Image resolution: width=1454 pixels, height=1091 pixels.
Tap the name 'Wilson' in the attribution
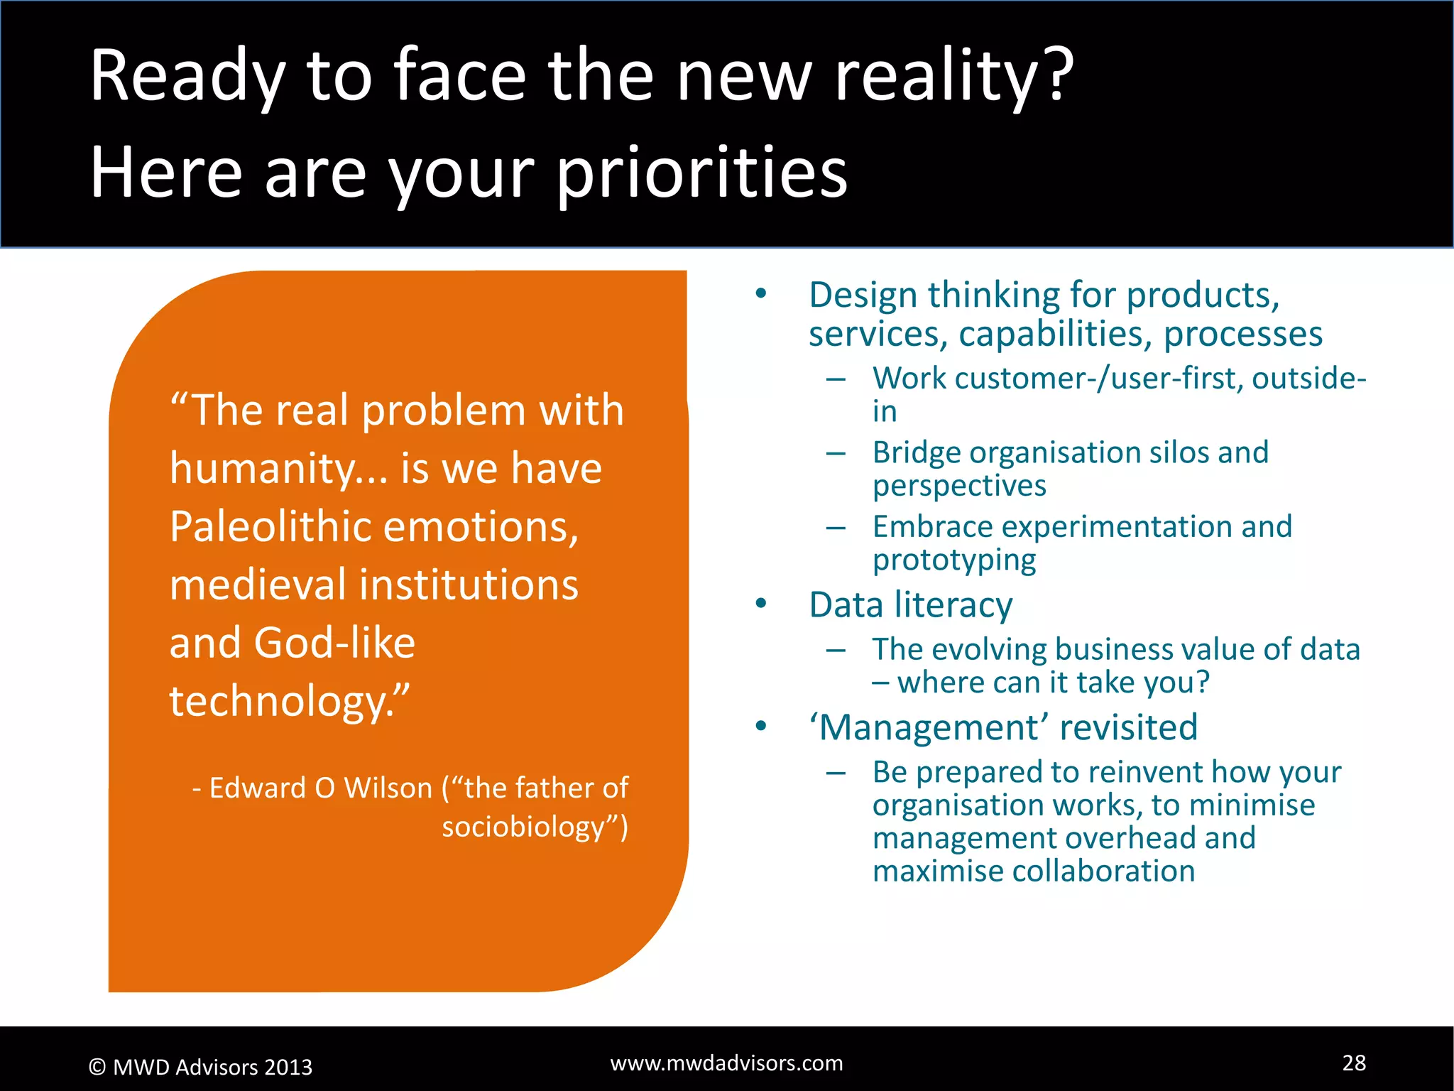pos(388,788)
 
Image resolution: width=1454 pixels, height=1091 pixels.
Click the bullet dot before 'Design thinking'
pos(761,294)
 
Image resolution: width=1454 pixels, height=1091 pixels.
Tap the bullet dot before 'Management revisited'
pos(761,727)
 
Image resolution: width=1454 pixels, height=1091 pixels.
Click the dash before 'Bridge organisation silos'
pos(836,453)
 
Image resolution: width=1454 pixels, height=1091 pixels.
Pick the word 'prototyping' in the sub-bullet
pos(953,560)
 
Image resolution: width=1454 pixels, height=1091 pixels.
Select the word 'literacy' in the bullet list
pos(953,606)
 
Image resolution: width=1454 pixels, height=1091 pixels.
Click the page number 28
pos(1354,1063)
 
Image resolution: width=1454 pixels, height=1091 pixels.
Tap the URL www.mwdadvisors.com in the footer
pos(726,1063)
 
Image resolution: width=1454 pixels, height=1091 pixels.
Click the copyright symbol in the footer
pos(97,1068)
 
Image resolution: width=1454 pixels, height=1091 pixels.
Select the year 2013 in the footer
pos(288,1068)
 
